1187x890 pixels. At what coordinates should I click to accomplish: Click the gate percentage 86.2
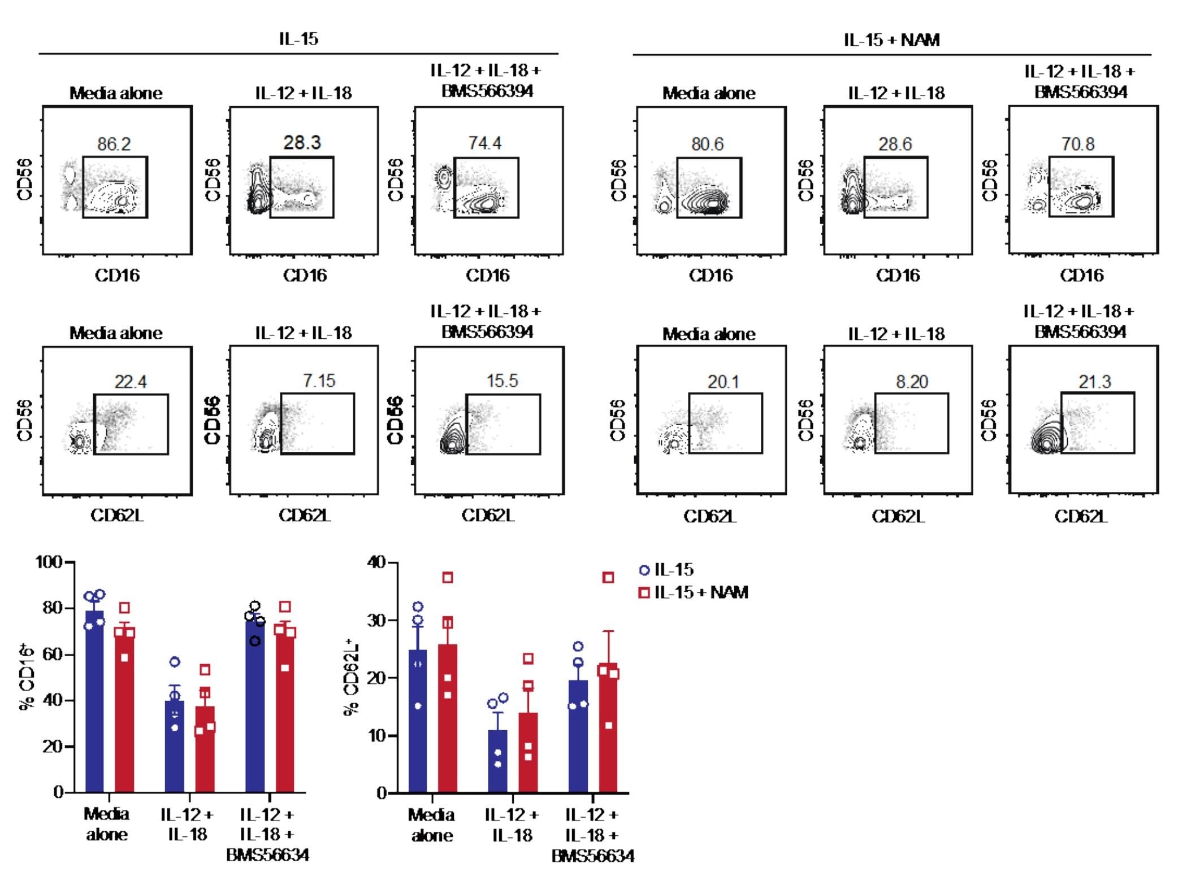114,144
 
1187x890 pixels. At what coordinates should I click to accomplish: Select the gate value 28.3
302,142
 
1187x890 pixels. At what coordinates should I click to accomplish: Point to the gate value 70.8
1077,144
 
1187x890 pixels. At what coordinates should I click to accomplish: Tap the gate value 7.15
319,381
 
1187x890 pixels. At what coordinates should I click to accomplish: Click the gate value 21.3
1094,382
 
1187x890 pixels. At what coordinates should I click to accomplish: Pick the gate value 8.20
911,382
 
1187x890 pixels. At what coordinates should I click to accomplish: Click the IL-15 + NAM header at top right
891,40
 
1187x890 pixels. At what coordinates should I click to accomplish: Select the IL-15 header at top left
298,39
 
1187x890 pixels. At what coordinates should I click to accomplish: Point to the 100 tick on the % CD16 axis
50,562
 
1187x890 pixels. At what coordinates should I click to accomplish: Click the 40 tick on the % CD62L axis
376,562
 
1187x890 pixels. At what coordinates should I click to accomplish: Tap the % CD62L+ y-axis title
352,678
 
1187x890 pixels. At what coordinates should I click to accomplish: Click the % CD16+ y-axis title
27,678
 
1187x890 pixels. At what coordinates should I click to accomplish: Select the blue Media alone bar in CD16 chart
94,706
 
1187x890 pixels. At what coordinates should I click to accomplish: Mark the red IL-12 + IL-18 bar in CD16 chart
205,751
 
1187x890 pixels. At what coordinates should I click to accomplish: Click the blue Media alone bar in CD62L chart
417,723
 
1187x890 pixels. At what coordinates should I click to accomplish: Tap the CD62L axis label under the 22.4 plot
117,516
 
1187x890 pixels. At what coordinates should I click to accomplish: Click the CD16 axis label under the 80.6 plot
711,276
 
